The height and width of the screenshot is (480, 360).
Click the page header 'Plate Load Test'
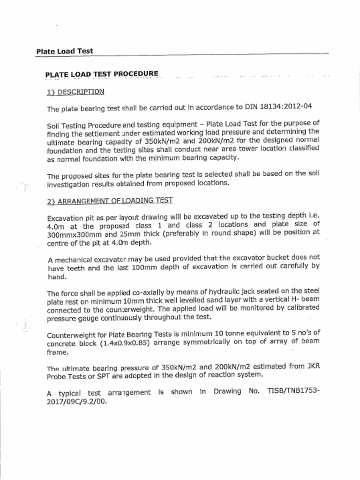(65, 51)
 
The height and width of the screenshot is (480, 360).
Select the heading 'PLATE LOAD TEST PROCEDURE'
(102, 75)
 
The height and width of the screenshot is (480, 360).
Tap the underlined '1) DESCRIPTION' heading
(75, 92)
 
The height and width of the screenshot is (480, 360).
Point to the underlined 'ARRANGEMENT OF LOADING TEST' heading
(115, 201)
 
